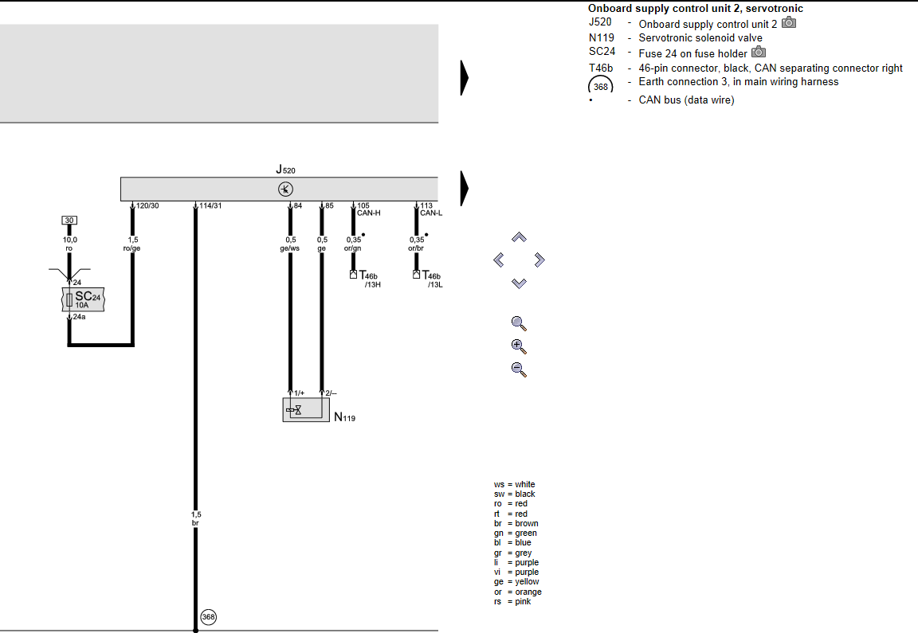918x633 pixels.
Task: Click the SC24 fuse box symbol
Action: (83, 299)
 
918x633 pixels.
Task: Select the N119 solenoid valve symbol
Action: (306, 409)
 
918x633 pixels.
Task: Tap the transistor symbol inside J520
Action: (286, 189)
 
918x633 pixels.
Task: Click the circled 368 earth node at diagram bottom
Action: (209, 616)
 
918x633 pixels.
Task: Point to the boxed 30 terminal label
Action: (69, 221)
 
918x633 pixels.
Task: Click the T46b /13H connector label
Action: (370, 279)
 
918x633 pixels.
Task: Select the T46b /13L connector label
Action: (433, 279)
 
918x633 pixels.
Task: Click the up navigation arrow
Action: (519, 237)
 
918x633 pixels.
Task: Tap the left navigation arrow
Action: (499, 260)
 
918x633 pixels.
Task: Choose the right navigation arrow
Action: (539, 260)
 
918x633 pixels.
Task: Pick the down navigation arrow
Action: (519, 283)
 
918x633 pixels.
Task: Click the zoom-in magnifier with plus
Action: (519, 346)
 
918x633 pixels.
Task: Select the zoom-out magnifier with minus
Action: (519, 369)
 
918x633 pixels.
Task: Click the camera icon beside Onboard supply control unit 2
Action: (789, 23)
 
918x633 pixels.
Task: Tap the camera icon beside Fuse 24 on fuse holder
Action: (759, 52)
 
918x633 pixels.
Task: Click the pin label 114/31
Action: (210, 206)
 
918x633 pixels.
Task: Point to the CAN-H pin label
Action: (369, 213)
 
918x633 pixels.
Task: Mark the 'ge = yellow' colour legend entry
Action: (516, 581)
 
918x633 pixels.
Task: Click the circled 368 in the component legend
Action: (601, 87)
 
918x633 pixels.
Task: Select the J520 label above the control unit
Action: (286, 170)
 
